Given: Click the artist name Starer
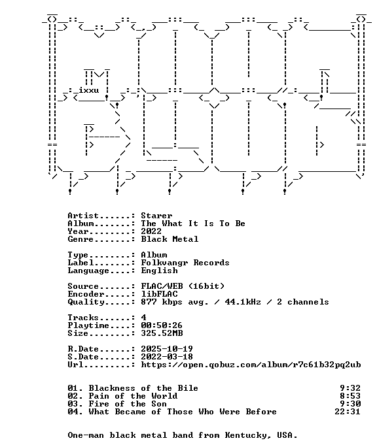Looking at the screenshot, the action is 156,216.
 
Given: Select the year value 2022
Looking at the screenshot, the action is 151,231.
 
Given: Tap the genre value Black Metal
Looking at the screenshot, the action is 170,239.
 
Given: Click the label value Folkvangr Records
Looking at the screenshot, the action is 185,263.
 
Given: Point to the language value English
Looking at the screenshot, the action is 159,271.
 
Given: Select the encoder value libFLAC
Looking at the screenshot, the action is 159,294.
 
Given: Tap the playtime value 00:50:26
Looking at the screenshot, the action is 162,325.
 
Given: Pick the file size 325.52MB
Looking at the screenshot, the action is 162,333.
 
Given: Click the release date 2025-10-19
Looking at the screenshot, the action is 167,349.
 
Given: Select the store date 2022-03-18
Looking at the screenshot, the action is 167,357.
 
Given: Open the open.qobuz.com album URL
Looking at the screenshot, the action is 251,365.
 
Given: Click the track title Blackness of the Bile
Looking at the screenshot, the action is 143,388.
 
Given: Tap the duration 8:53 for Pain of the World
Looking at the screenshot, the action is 350,396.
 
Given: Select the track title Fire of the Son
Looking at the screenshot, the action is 128,404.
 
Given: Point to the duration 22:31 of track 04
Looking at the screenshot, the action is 348,412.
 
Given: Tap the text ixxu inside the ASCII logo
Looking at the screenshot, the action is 88,90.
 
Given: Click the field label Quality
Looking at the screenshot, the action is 86,302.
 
